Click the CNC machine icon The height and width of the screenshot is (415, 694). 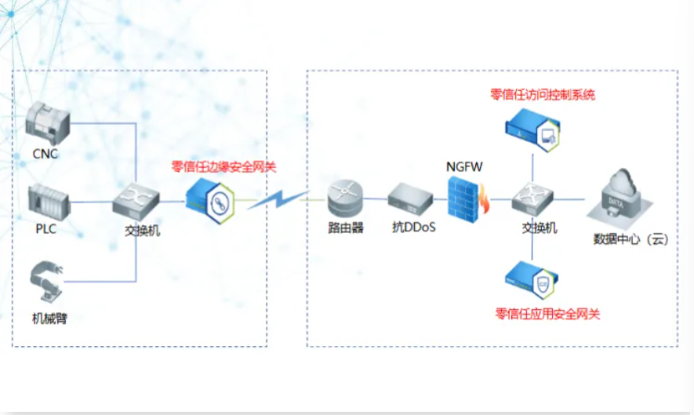tap(49, 122)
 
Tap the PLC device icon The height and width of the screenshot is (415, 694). tap(49, 202)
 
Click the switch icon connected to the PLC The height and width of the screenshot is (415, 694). tap(136, 201)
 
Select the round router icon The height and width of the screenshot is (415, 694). tap(346, 199)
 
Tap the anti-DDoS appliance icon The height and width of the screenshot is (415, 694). tap(411, 199)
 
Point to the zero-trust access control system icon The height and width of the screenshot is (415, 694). tap(532, 129)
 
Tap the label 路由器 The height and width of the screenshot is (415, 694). tap(346, 228)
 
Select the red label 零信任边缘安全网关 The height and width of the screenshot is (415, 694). tap(224, 167)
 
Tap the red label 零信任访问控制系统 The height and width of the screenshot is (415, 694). tap(543, 95)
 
